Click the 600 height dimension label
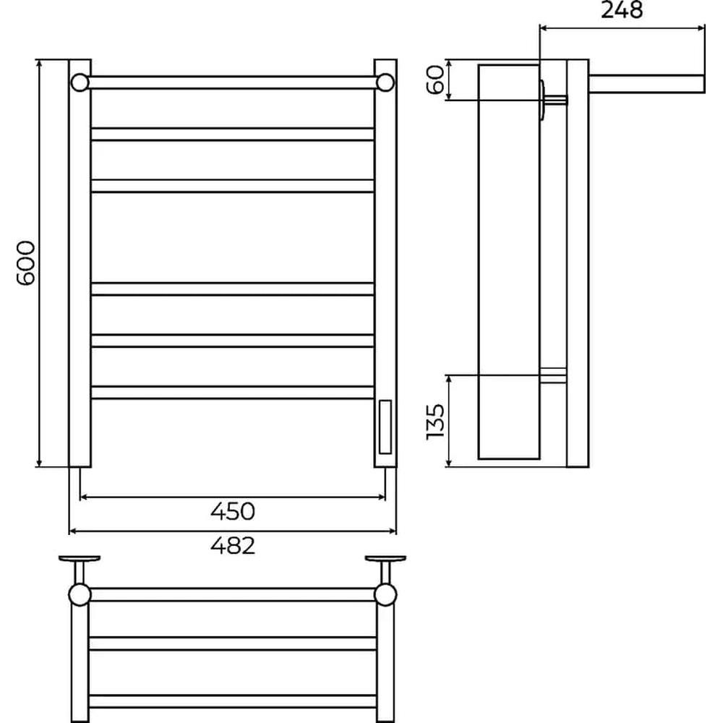(25, 263)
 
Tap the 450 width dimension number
(232, 511)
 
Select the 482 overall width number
(232, 545)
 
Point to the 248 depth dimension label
(622, 10)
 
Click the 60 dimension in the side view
(435, 80)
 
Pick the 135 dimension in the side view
(435, 422)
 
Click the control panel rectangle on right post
(385, 427)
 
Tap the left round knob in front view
(80, 82)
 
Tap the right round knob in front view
(385, 82)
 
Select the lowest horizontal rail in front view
(232, 393)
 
